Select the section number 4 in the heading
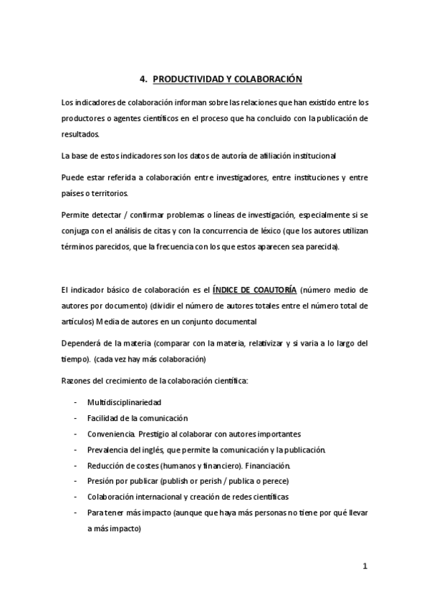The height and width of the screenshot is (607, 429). pyautogui.click(x=142, y=80)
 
